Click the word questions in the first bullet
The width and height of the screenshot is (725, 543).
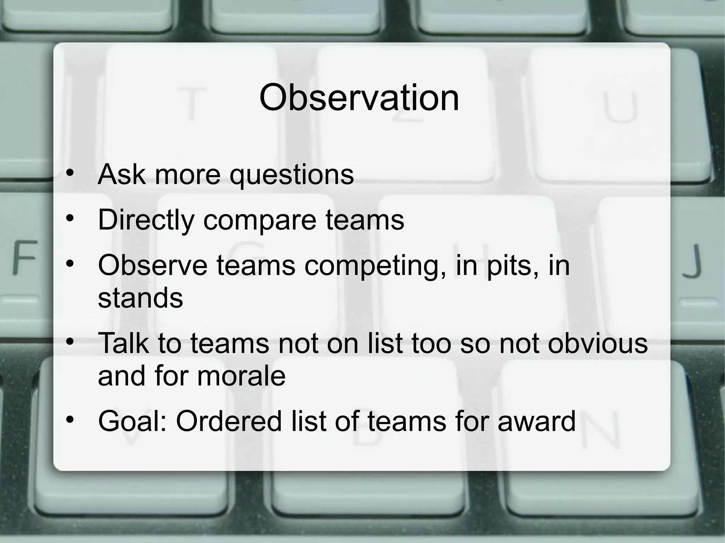pos(292,174)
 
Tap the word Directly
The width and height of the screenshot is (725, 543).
pos(146,220)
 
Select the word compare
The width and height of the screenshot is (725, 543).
pos(259,220)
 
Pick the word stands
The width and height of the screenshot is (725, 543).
pos(140,298)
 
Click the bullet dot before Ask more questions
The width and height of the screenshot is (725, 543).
pos(70,173)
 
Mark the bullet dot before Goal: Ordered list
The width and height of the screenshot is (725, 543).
pos(70,420)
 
